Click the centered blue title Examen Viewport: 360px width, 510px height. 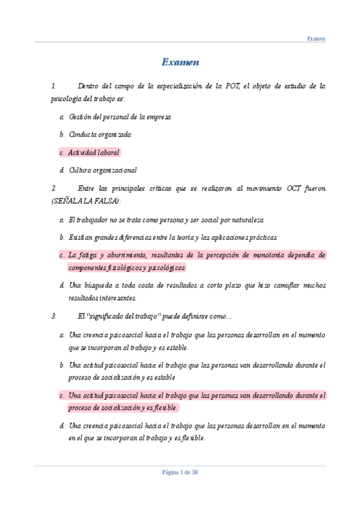180,63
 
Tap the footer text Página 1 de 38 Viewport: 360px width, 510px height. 180,472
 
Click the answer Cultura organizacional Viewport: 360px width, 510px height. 103,170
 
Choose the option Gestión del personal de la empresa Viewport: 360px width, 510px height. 120,117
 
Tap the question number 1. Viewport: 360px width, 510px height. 53,87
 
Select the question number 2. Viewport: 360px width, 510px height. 53,189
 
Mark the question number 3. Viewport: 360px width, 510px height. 53,315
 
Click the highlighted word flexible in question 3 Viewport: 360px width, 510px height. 164,408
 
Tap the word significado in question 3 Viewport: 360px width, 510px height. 106,315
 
